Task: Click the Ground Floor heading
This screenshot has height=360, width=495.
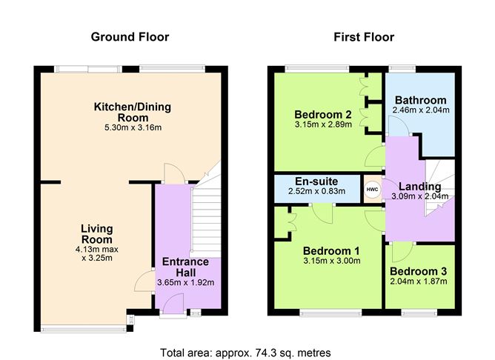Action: pyautogui.click(x=130, y=36)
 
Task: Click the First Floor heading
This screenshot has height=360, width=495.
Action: pyautogui.click(x=363, y=36)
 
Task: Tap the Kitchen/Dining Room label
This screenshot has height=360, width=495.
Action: pyautogui.click(x=132, y=112)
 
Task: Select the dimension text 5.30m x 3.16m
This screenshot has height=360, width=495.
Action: pyautogui.click(x=132, y=127)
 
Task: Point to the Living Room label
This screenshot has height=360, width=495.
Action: pyautogui.click(x=96, y=234)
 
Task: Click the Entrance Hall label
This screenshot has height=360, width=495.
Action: pyautogui.click(x=185, y=267)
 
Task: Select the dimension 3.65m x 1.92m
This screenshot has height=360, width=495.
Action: pyautogui.click(x=185, y=282)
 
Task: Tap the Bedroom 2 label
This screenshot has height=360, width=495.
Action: pyautogui.click(x=322, y=114)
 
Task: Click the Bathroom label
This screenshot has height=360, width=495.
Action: pyautogui.click(x=420, y=100)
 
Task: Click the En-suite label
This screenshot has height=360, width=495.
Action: pyautogui.click(x=316, y=181)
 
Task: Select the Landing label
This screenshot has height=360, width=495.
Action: pyautogui.click(x=419, y=186)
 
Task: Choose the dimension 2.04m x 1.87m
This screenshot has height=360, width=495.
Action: pyautogui.click(x=419, y=281)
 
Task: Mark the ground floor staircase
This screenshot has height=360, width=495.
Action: pyautogui.click(x=207, y=222)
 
